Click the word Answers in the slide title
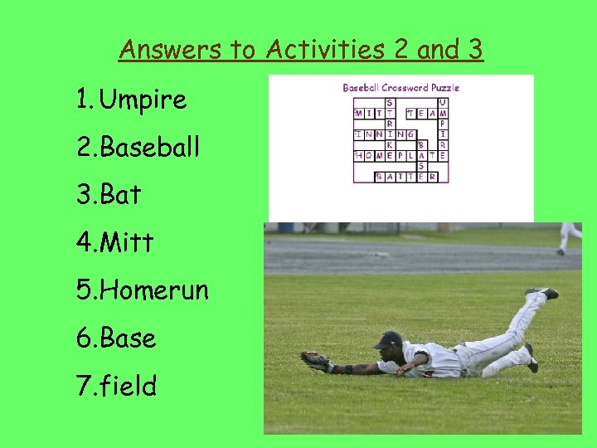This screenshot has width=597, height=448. tap(158, 50)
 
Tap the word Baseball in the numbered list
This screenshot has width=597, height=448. tap(150, 148)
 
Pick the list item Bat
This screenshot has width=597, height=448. tap(121, 196)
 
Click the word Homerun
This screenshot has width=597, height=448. tap(153, 290)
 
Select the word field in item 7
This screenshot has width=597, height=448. tap(129, 385)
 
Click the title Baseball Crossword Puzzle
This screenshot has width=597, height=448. tap(400, 87)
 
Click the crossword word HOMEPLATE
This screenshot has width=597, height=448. tap(401, 155)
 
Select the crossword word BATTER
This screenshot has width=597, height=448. tap(406, 177)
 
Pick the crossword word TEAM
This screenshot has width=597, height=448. tap(428, 113)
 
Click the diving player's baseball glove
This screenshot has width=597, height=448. tap(316, 361)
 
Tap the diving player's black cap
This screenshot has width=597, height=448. tap(388, 340)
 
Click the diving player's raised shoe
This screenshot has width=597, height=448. tap(542, 292)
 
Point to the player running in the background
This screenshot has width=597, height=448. tap(569, 236)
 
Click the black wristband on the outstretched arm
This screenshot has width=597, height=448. tap(349, 368)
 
